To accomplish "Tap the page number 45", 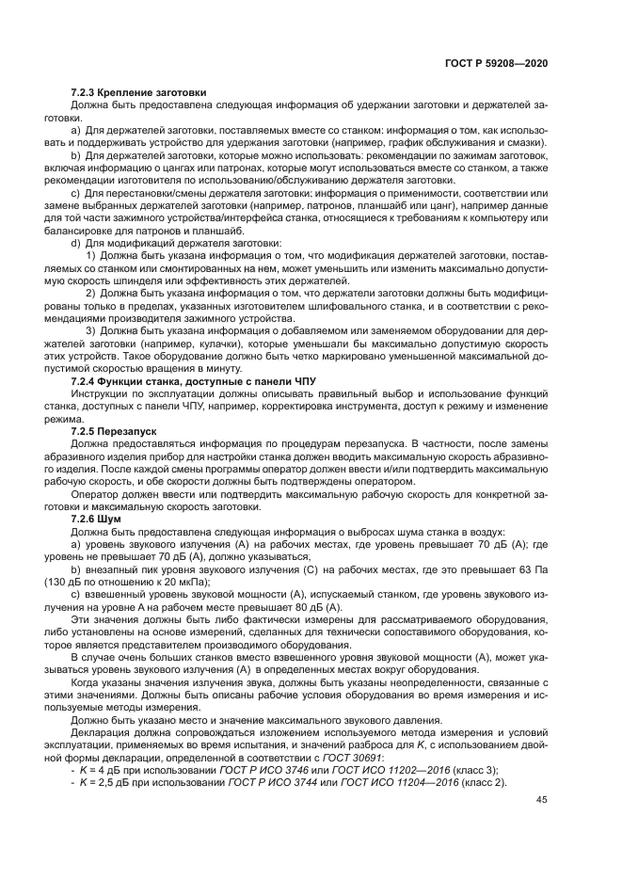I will tap(541, 800).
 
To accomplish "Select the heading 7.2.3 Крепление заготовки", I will tap(138, 92).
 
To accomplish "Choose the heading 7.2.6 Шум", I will tap(97, 519).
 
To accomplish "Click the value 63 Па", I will tap(534, 570).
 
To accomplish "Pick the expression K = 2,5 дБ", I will tap(112, 783).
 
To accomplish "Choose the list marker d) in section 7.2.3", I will tap(76, 244).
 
